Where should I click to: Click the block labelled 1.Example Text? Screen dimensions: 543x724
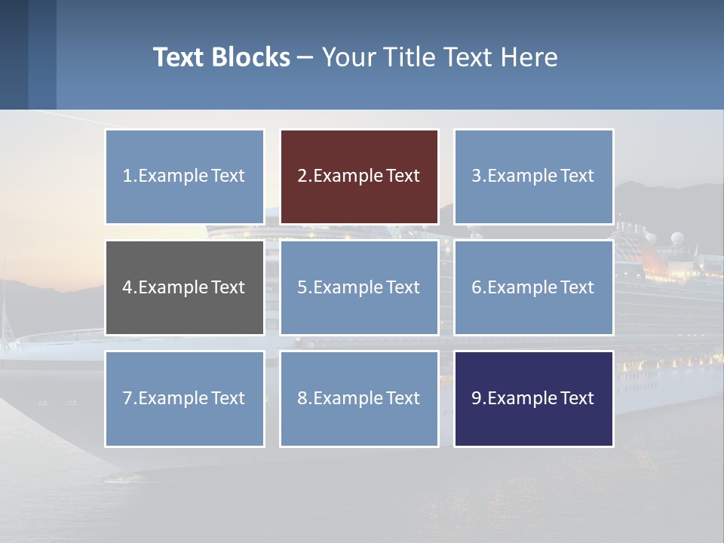coord(184,176)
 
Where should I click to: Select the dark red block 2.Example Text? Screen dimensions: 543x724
coord(359,176)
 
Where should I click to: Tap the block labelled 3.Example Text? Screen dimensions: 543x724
coord(533,176)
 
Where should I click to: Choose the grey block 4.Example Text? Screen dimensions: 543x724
coord(184,287)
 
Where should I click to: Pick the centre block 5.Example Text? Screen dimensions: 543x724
coord(359,287)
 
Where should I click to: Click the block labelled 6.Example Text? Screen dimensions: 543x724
coord(533,287)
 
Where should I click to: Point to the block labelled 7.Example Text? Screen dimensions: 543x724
coord(184,398)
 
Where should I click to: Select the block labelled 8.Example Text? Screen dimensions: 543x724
coord(359,398)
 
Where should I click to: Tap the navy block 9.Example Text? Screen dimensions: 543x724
coord(533,398)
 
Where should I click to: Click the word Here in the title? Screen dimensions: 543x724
coord(531,57)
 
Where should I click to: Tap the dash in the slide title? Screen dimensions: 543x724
coord(305,58)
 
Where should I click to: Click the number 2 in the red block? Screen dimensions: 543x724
coord(302,176)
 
